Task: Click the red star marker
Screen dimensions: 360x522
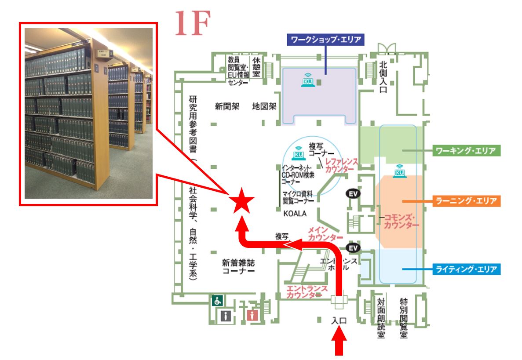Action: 241,201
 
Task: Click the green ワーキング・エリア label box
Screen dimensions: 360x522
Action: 467,151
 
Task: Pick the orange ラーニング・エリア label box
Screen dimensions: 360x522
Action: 467,201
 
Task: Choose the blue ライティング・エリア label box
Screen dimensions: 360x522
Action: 467,269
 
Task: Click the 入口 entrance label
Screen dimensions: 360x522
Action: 339,321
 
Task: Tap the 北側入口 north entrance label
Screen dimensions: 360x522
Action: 383,77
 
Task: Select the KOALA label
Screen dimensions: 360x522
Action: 295,214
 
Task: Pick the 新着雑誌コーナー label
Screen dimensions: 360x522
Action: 238,267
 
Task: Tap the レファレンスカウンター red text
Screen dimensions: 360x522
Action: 341,165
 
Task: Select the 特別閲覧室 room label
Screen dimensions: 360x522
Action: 403,318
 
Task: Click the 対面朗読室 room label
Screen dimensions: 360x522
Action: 381,318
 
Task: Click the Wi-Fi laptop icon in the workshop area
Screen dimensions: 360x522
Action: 308,80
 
